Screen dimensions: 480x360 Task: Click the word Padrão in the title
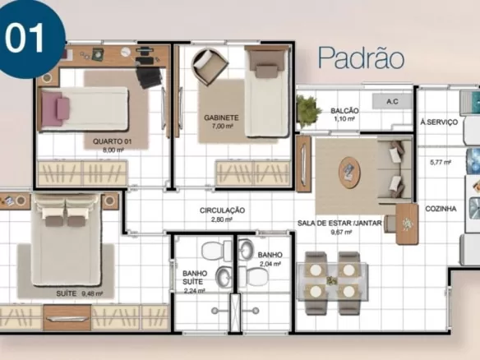[x=361, y=58]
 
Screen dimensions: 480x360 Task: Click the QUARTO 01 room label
[x=113, y=141]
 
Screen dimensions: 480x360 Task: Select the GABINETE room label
[x=221, y=118]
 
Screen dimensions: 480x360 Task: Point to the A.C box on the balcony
[x=392, y=101]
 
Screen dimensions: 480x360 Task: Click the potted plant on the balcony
[x=307, y=111]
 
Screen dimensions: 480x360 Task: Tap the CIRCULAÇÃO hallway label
[x=222, y=210]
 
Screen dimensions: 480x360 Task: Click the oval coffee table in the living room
[x=349, y=173]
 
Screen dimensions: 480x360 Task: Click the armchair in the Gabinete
[x=210, y=66]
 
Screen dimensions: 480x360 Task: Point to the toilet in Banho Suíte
[x=216, y=251]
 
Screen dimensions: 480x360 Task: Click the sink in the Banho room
[x=246, y=250]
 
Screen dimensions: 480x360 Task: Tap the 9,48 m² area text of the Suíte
[x=92, y=293]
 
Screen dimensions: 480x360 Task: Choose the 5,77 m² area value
[x=441, y=162]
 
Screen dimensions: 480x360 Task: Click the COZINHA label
[x=441, y=209]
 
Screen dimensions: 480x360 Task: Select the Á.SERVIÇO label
[x=439, y=122]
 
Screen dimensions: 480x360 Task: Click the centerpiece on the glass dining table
[x=332, y=280]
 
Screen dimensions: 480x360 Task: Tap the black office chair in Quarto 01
[x=149, y=77]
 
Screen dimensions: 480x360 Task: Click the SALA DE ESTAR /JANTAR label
[x=339, y=224]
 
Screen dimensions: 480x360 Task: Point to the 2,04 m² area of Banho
[x=270, y=264]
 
